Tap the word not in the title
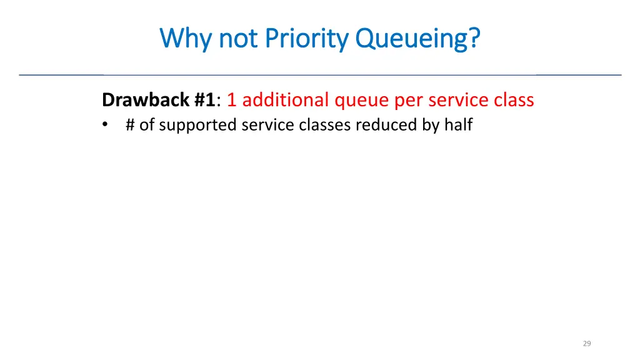point(238,39)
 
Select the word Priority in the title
point(306,39)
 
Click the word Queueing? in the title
point(418,39)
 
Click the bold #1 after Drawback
point(204,100)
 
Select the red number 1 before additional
point(231,100)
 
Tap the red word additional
point(285,100)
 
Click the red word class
point(514,100)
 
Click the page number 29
point(586,343)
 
